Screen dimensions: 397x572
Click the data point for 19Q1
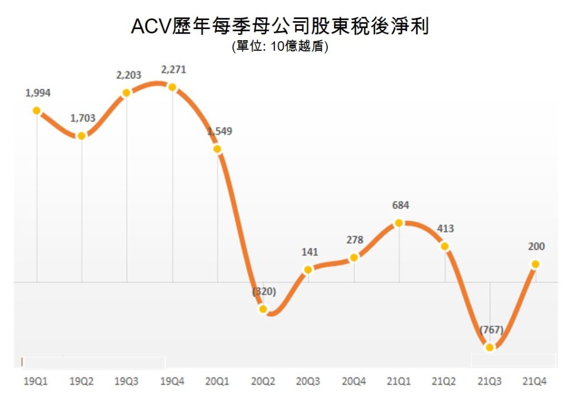[x=37, y=111]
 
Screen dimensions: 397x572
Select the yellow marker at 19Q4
[x=172, y=87]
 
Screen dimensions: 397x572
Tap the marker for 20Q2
[x=263, y=309]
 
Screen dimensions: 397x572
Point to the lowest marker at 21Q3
[x=490, y=347]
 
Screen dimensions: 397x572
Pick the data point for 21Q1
[x=399, y=223]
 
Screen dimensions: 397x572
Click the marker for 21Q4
[x=535, y=264]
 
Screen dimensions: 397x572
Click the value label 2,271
[x=173, y=70]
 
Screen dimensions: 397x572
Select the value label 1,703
[x=83, y=118]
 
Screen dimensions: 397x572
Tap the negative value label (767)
[x=490, y=329]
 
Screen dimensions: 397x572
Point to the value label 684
[x=400, y=205]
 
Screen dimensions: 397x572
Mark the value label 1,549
[x=220, y=132]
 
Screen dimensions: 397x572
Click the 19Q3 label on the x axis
[x=126, y=382]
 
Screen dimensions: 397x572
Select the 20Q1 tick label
[x=217, y=382]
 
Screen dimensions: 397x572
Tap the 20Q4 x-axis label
[x=354, y=382]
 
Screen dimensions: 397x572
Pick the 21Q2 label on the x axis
[x=445, y=382]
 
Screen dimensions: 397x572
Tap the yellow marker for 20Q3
[x=308, y=270]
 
